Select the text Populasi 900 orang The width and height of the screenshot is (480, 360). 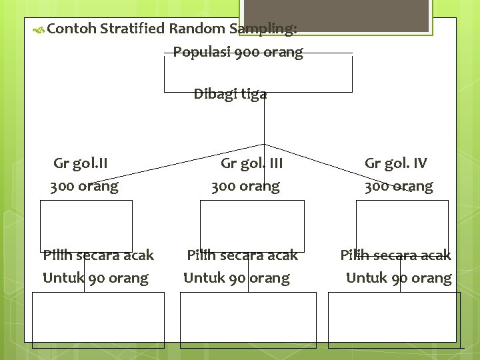click(x=238, y=52)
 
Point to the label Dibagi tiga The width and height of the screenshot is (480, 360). click(x=230, y=94)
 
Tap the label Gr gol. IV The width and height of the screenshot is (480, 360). click(x=396, y=163)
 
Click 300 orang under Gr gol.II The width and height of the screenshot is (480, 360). click(x=84, y=187)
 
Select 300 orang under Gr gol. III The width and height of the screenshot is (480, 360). click(x=245, y=187)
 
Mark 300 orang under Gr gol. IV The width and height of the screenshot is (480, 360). click(x=398, y=187)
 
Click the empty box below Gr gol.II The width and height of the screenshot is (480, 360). click(x=86, y=225)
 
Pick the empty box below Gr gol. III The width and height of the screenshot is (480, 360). click(x=252, y=225)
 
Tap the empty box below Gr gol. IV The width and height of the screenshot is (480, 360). click(x=402, y=225)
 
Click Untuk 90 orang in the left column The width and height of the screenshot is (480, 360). click(x=95, y=278)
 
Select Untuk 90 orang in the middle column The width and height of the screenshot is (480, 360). click(x=237, y=278)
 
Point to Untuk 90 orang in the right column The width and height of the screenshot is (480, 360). click(x=399, y=278)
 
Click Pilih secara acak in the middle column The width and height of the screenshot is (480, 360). click(x=242, y=255)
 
